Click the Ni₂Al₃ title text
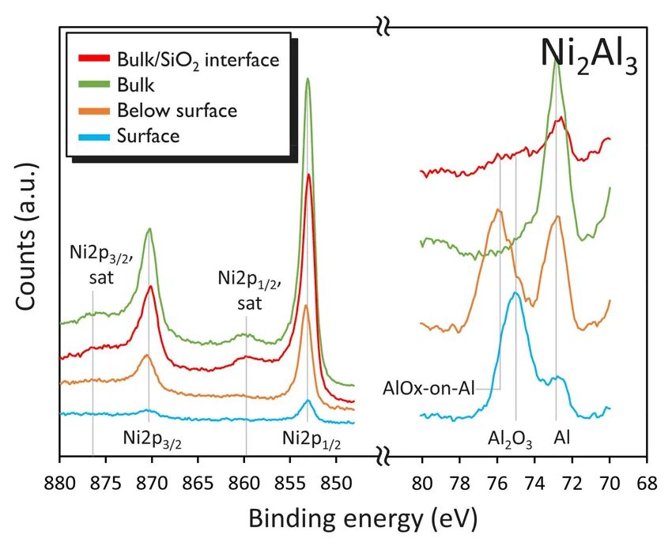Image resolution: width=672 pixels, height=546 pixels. (588, 55)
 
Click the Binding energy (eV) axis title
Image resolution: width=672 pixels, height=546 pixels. (363, 518)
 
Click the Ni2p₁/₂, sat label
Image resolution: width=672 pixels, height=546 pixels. (245, 288)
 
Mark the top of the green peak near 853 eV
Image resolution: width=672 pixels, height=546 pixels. (308, 78)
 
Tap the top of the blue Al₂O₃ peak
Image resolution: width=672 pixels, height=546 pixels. (515, 293)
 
